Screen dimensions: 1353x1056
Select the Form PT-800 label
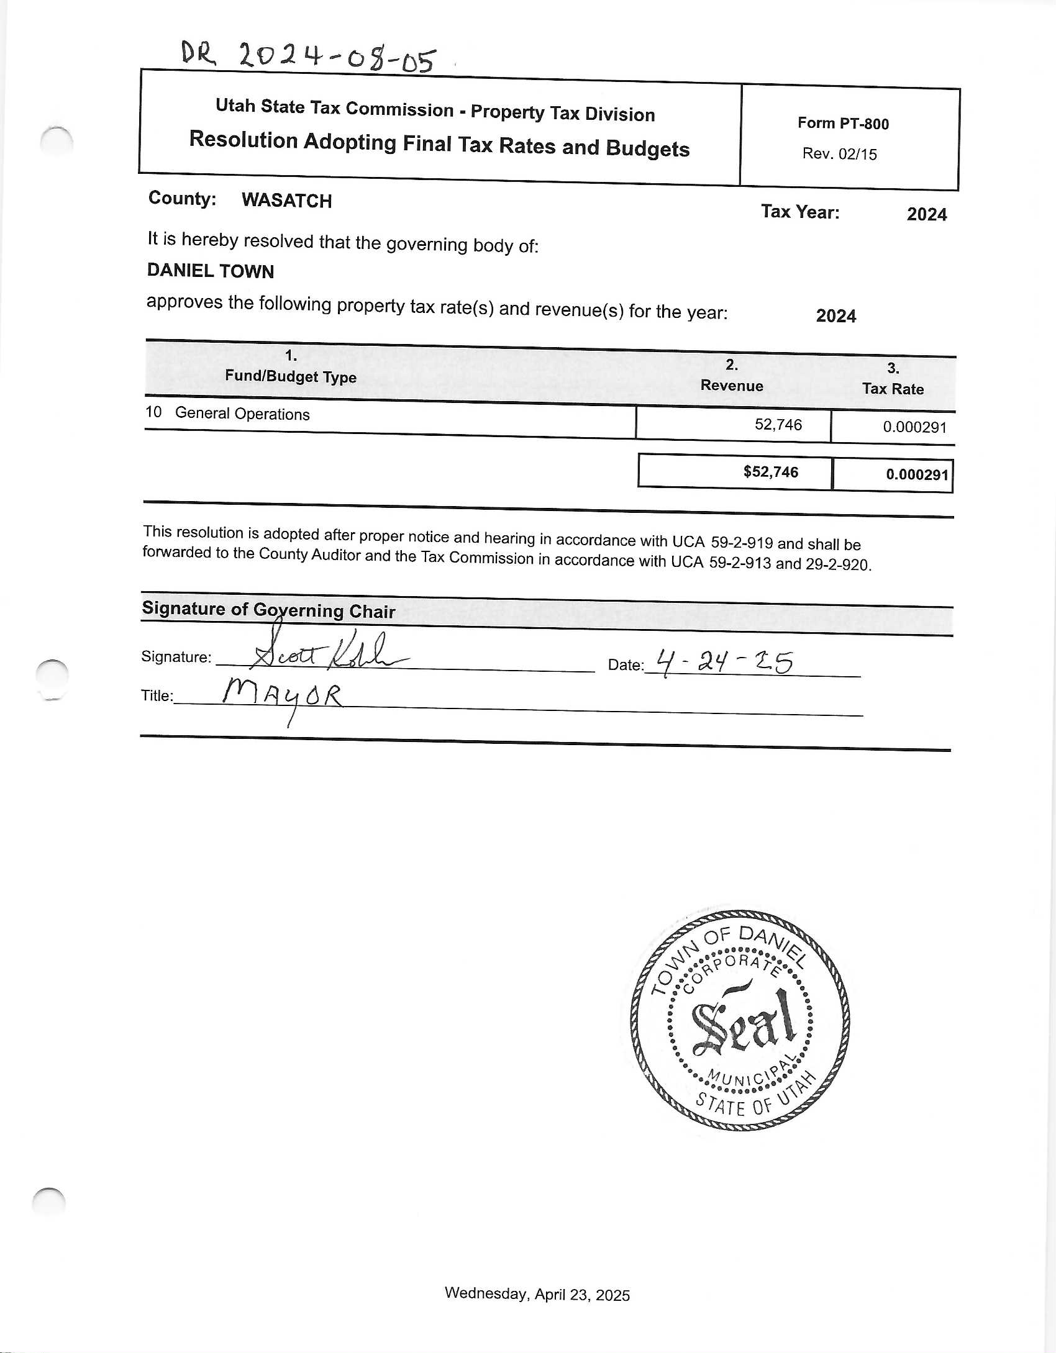pyautogui.click(x=843, y=124)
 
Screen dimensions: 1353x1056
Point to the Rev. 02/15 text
pyautogui.click(x=839, y=154)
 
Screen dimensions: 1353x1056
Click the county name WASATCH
pyautogui.click(x=286, y=201)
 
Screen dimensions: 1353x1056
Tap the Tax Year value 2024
pyautogui.click(x=926, y=214)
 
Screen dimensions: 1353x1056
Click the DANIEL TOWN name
pyautogui.click(x=211, y=271)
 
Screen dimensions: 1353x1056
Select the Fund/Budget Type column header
pyautogui.click(x=291, y=376)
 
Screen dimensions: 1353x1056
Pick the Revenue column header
pyautogui.click(x=732, y=386)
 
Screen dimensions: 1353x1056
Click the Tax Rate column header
pyautogui.click(x=893, y=389)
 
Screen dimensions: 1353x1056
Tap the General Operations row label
pyautogui.click(x=242, y=414)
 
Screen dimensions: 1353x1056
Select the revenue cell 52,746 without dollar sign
pyautogui.click(x=778, y=425)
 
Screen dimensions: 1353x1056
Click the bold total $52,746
pyautogui.click(x=770, y=472)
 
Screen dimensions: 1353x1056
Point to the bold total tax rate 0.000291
pyautogui.click(x=917, y=475)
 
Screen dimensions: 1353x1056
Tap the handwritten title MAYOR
pyautogui.click(x=283, y=696)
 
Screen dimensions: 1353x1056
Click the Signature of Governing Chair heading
pyautogui.click(x=268, y=610)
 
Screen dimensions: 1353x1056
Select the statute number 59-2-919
pyautogui.click(x=742, y=543)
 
